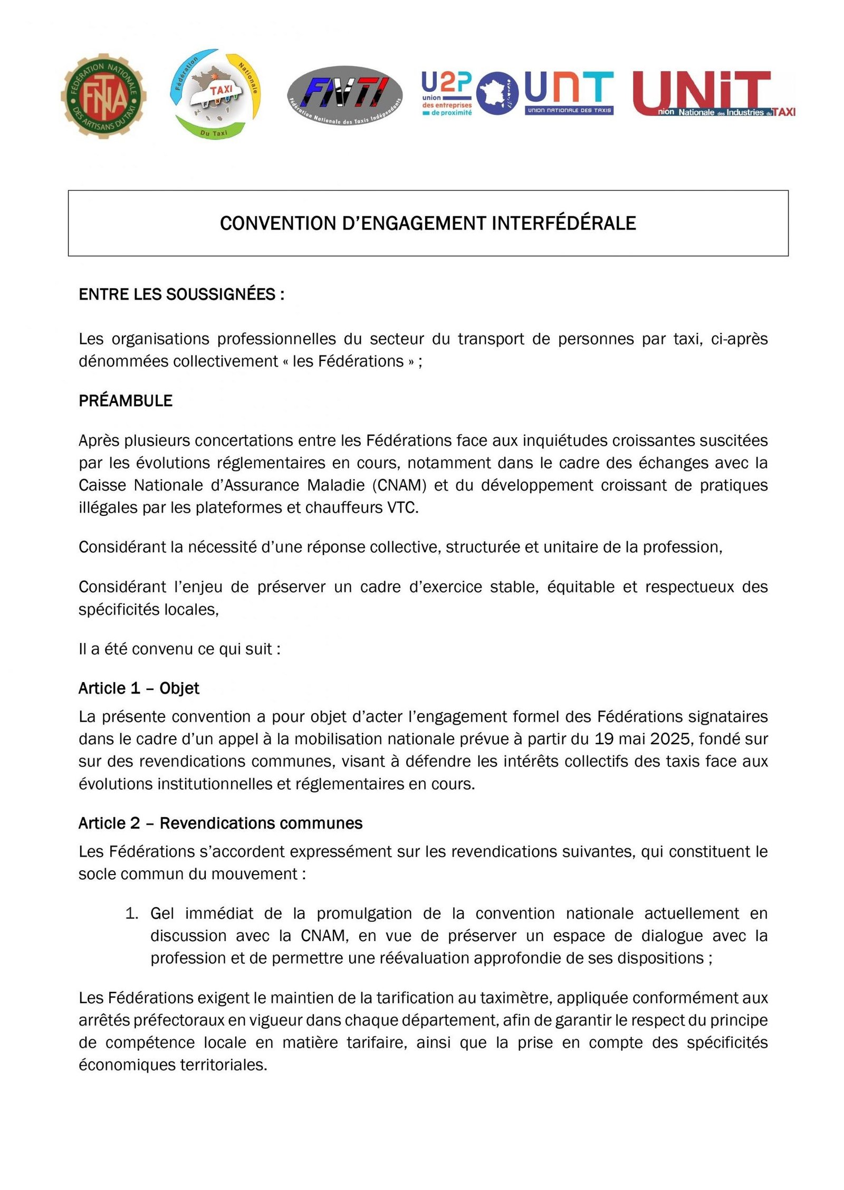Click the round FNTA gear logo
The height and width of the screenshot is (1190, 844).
[x=103, y=96]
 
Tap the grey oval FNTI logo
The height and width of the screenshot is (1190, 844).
[x=345, y=95]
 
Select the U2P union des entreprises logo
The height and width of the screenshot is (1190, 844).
[x=447, y=93]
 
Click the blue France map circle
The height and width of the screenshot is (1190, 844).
[x=496, y=93]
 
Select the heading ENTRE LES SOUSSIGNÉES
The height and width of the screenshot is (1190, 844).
[x=181, y=294]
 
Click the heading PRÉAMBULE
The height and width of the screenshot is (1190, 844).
[x=126, y=401]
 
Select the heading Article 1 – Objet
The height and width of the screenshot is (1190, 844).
[x=139, y=688]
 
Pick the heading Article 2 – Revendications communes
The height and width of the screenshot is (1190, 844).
[x=220, y=823]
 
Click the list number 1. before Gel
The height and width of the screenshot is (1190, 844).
[x=131, y=914]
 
